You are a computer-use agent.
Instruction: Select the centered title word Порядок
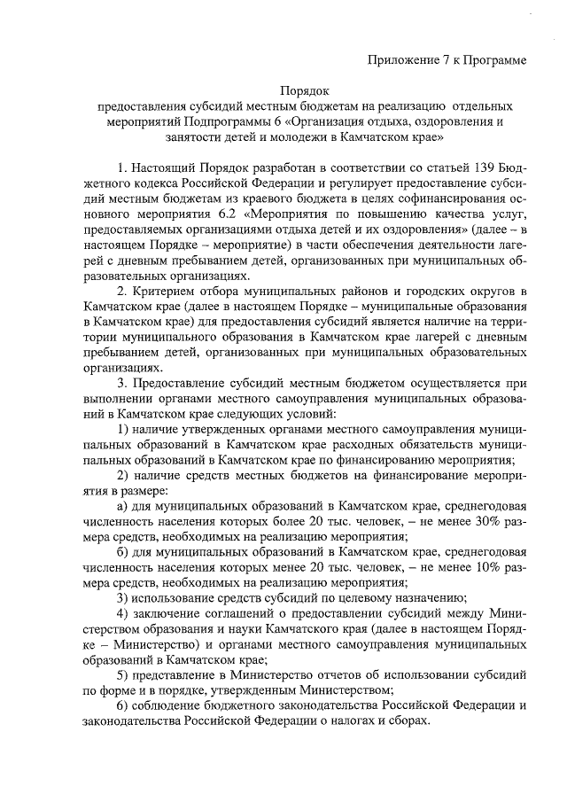click(304, 90)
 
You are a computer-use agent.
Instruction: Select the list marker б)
click(123, 553)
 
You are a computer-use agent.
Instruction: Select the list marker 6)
click(124, 706)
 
